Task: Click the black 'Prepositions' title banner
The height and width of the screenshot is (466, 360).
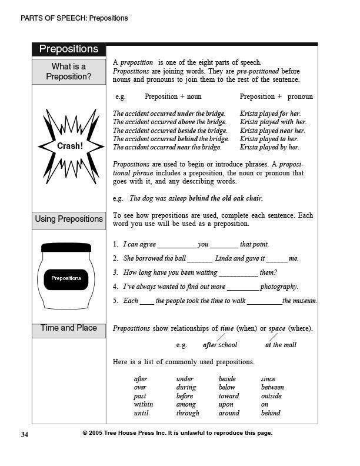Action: click(69, 49)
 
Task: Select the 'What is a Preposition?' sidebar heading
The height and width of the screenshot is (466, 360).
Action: click(69, 71)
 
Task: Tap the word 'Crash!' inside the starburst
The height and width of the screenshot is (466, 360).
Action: click(69, 145)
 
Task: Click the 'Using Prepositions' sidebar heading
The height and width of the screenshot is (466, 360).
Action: click(69, 219)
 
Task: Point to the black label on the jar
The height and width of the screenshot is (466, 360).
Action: click(66, 278)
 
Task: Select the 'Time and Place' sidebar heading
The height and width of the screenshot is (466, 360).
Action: click(69, 328)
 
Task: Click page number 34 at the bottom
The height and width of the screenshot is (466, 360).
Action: click(25, 434)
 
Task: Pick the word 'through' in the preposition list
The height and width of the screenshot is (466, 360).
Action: click(188, 413)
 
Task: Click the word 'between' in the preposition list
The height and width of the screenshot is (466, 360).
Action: click(272, 388)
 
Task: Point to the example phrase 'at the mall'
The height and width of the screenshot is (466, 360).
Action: click(281, 345)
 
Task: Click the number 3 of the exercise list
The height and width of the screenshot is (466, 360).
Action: click(115, 272)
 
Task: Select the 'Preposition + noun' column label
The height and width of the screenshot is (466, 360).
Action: click(173, 96)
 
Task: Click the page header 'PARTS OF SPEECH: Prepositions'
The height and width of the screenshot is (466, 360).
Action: click(74, 18)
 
